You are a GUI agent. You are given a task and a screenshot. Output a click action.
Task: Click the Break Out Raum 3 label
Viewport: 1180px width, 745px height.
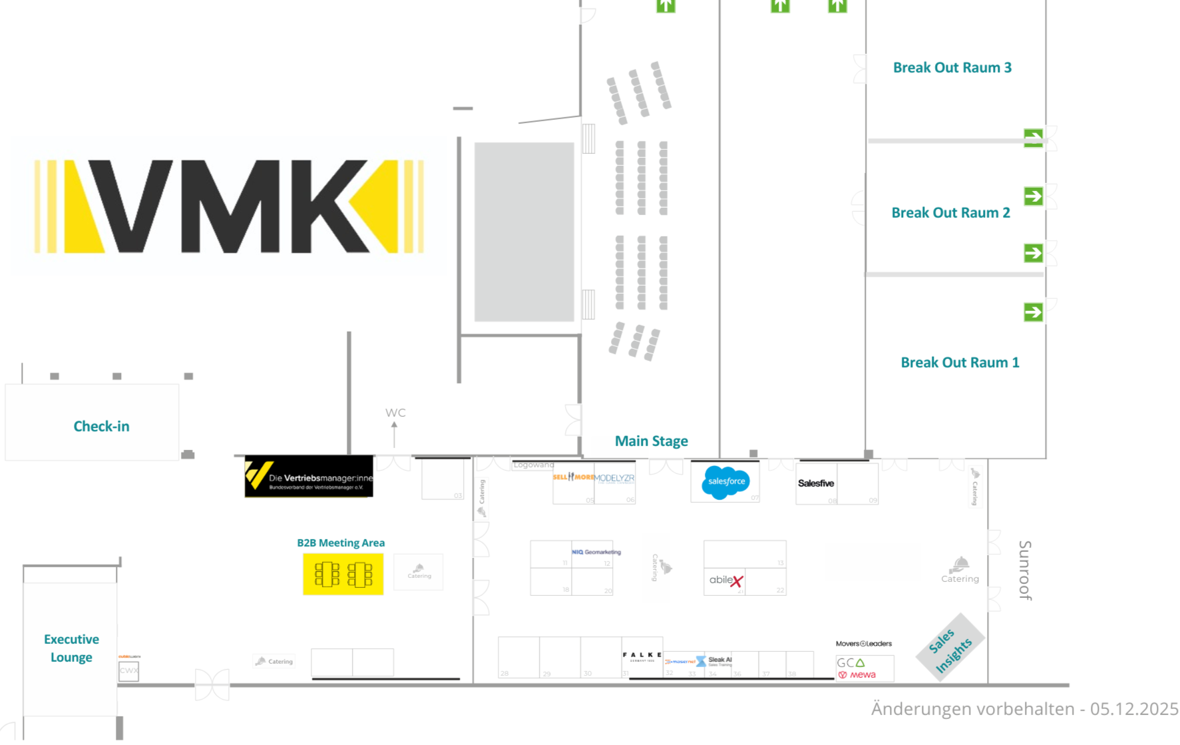point(952,68)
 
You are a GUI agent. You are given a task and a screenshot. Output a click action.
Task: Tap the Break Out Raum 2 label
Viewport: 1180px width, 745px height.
point(950,213)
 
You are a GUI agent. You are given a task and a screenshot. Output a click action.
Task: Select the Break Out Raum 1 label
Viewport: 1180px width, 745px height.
point(960,363)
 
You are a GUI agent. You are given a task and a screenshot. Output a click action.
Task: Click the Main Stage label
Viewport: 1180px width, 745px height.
point(651,441)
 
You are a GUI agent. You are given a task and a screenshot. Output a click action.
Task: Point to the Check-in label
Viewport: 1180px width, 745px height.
point(101,427)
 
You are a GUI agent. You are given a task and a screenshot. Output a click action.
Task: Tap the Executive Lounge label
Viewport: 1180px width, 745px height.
point(71,648)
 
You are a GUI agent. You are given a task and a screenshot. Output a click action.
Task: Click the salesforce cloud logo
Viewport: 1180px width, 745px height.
point(725,482)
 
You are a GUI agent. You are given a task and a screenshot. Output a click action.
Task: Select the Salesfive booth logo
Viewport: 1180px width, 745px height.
point(815,483)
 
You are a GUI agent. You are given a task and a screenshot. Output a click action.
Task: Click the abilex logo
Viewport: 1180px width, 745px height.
point(725,581)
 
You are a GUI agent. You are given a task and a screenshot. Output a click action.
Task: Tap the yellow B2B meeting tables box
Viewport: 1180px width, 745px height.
point(343,575)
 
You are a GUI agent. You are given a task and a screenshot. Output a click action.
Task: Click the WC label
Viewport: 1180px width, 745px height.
point(395,413)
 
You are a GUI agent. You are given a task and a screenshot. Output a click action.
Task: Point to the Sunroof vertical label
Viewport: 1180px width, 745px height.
point(1025,571)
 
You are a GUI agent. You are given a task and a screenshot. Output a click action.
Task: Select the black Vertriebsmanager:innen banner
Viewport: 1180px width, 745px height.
point(309,477)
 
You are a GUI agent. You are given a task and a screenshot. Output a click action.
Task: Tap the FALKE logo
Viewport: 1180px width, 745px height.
point(642,656)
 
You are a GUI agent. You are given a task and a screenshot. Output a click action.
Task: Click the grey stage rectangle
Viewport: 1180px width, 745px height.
point(524,232)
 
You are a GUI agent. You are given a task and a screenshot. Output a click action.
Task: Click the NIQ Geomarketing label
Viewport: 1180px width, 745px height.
point(596,552)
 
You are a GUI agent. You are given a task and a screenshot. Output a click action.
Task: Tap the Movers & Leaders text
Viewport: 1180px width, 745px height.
point(863,644)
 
